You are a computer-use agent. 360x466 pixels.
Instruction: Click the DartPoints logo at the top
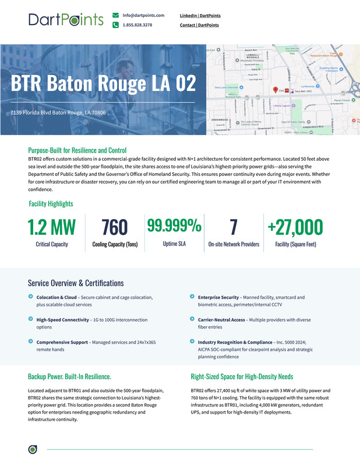tap(66, 20)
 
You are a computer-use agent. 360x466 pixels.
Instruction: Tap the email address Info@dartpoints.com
tap(143, 15)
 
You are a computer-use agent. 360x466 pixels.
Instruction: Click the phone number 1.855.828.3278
tap(137, 25)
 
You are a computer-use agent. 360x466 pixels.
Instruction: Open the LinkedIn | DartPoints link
tap(200, 15)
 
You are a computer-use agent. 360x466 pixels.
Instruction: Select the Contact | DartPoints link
tap(199, 25)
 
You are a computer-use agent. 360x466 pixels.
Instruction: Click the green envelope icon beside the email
tap(116, 15)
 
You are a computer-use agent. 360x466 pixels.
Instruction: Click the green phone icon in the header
tap(116, 25)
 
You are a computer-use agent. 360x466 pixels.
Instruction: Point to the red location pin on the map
tap(276, 90)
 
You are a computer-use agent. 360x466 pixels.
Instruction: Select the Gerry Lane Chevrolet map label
tap(227, 88)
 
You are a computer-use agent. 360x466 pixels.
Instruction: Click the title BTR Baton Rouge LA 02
tap(103, 83)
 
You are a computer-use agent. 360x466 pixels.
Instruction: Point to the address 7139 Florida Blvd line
tap(58, 112)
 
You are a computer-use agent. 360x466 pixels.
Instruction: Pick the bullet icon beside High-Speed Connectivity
tap(31, 319)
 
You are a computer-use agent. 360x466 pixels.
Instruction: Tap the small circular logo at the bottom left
tap(33, 449)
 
